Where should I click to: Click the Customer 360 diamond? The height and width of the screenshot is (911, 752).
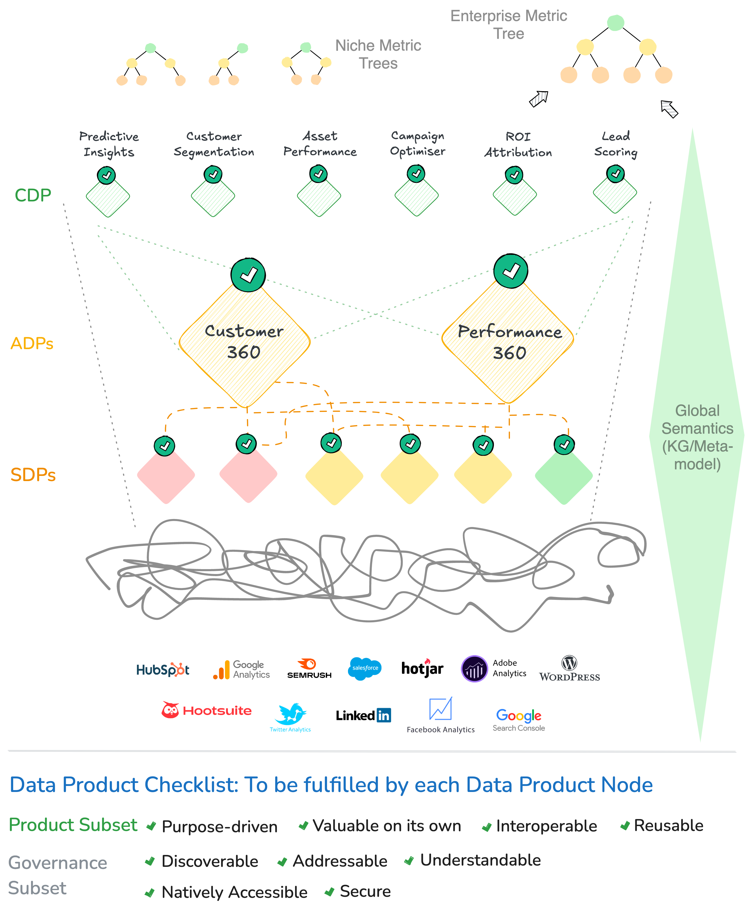coord(245,342)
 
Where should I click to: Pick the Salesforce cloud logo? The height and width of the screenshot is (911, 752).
coord(365,669)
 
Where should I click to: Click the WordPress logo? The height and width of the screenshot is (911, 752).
coord(569,669)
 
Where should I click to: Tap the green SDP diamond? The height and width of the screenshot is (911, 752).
coord(564,475)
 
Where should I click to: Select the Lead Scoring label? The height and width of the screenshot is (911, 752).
coord(616,144)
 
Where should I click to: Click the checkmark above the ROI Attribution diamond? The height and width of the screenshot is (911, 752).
coord(514,175)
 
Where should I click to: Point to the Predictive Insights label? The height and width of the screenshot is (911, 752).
coord(109,144)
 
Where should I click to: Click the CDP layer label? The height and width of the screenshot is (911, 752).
coord(33,195)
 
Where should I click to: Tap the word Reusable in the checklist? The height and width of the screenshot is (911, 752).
coord(668,825)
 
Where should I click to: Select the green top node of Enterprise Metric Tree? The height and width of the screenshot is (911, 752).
coord(616,22)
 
